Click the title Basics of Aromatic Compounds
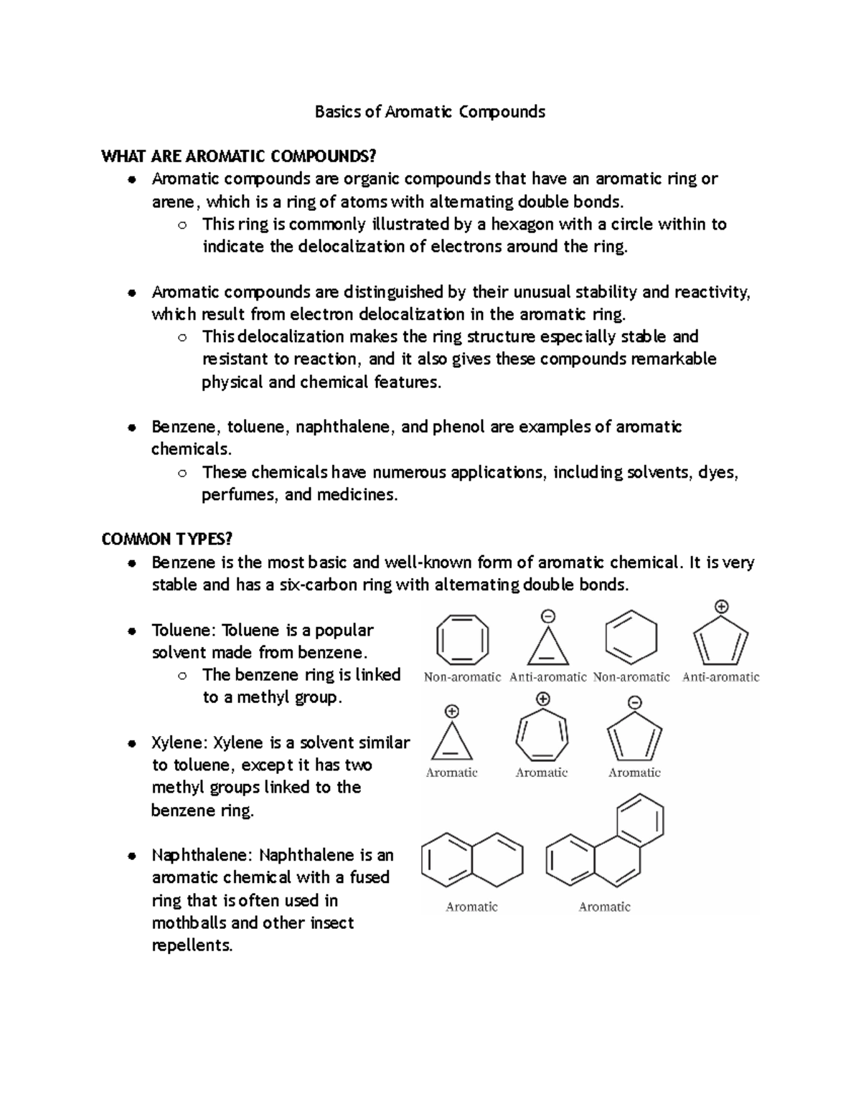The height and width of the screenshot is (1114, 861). [x=430, y=112]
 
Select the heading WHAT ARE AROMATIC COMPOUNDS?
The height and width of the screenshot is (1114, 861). [x=239, y=156]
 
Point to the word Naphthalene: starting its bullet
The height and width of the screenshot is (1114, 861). [x=202, y=855]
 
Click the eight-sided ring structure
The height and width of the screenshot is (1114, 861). [x=463, y=639]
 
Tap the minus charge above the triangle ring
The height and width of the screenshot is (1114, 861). [x=548, y=616]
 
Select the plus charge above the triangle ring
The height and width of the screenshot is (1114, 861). [x=452, y=712]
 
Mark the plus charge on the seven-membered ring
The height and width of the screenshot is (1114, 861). [x=542, y=699]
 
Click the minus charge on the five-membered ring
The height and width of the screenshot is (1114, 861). [x=634, y=702]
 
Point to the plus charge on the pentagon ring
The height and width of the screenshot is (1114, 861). [x=721, y=607]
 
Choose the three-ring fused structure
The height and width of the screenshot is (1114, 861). [x=604, y=842]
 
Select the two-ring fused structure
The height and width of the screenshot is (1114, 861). [x=472, y=859]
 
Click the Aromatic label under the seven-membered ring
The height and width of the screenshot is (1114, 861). [x=542, y=773]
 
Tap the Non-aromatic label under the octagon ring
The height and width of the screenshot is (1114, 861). [x=462, y=677]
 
